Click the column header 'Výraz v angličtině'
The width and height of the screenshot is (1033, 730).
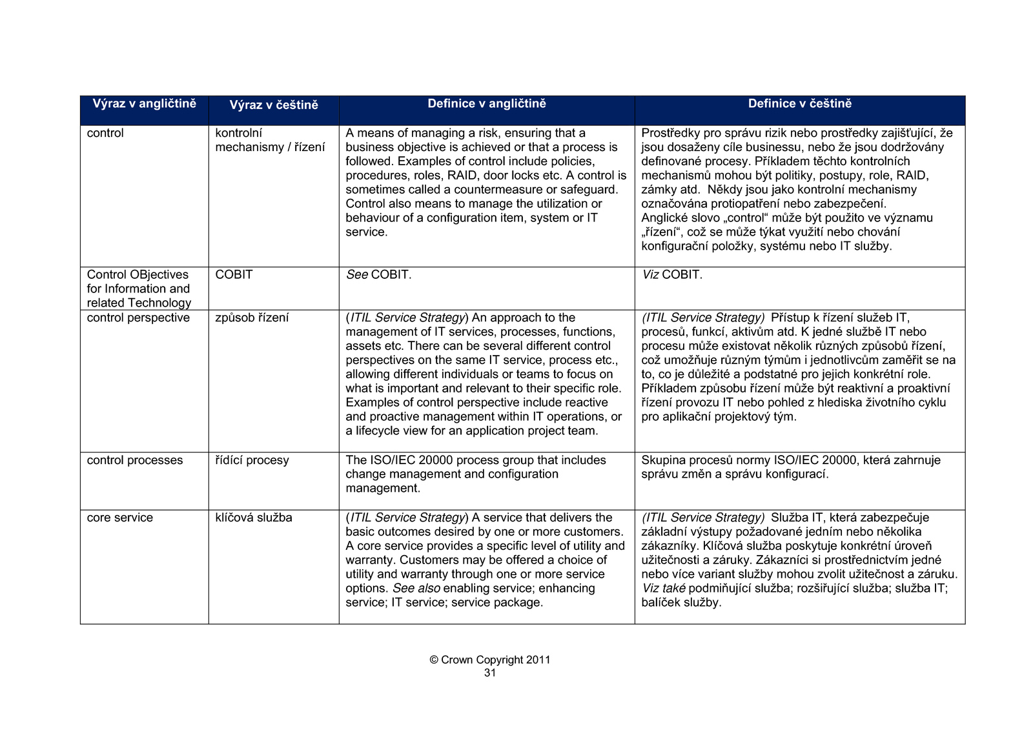[x=144, y=104]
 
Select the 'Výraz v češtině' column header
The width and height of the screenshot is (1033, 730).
[x=274, y=105]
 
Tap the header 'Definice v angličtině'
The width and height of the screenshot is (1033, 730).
[x=487, y=104]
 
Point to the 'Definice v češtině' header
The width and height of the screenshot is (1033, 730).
[x=799, y=104]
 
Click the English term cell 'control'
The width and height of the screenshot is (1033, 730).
[x=105, y=133]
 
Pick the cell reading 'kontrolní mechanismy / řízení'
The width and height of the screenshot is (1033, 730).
[x=270, y=140]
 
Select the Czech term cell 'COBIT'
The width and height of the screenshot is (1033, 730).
[x=234, y=274]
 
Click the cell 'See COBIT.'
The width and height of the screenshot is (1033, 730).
[x=378, y=274]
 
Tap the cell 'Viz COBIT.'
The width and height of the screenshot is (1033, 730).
[x=672, y=274]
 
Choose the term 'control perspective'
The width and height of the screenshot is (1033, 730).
[x=138, y=318]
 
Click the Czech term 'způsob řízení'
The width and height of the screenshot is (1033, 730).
[x=252, y=318]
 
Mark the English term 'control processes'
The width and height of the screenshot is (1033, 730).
[x=135, y=460]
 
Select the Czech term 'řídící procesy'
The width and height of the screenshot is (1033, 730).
[x=252, y=460]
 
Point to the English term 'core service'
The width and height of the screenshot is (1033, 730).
[x=120, y=518]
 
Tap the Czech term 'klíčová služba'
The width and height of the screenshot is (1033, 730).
[x=254, y=518]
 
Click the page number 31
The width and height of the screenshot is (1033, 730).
[x=490, y=673]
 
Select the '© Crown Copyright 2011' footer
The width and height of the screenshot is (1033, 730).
[x=490, y=660]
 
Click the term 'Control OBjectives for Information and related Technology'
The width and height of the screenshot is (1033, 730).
[x=139, y=289]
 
